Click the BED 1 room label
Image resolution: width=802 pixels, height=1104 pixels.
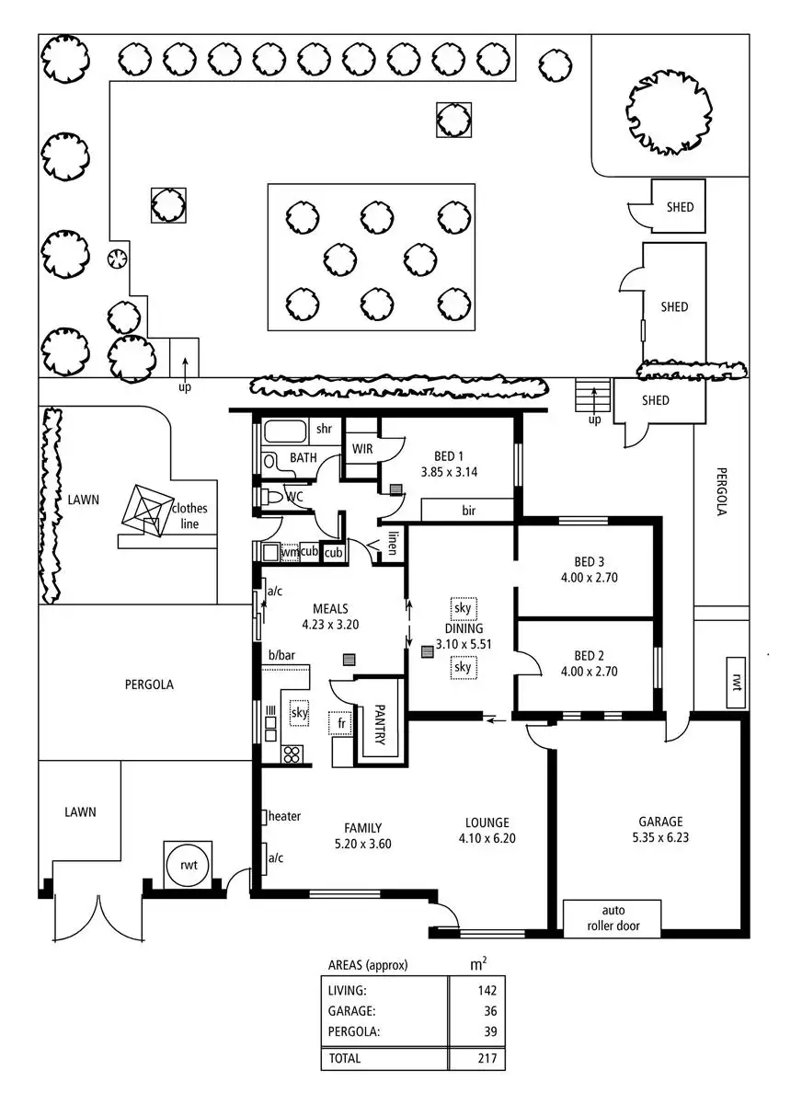[x=448, y=454]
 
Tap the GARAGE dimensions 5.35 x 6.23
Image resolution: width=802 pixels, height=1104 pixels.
[x=660, y=838]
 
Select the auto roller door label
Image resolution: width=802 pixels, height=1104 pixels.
[x=612, y=918]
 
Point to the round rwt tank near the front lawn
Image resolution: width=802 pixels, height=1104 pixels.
[x=188, y=865]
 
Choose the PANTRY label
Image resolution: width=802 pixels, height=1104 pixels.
[x=379, y=726]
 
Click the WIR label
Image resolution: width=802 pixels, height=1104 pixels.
[x=361, y=449]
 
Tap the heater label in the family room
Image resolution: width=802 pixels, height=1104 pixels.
[x=284, y=816]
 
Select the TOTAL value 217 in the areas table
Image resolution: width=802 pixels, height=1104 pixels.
[x=487, y=1059]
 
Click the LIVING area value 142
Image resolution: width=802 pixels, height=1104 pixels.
[x=487, y=991]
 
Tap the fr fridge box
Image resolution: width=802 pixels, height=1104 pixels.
[x=341, y=724]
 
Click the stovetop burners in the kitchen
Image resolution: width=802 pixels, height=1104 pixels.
[x=292, y=754]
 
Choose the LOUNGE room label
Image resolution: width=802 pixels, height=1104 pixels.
[x=487, y=823]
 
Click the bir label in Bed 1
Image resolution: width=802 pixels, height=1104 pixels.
[x=467, y=509]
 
